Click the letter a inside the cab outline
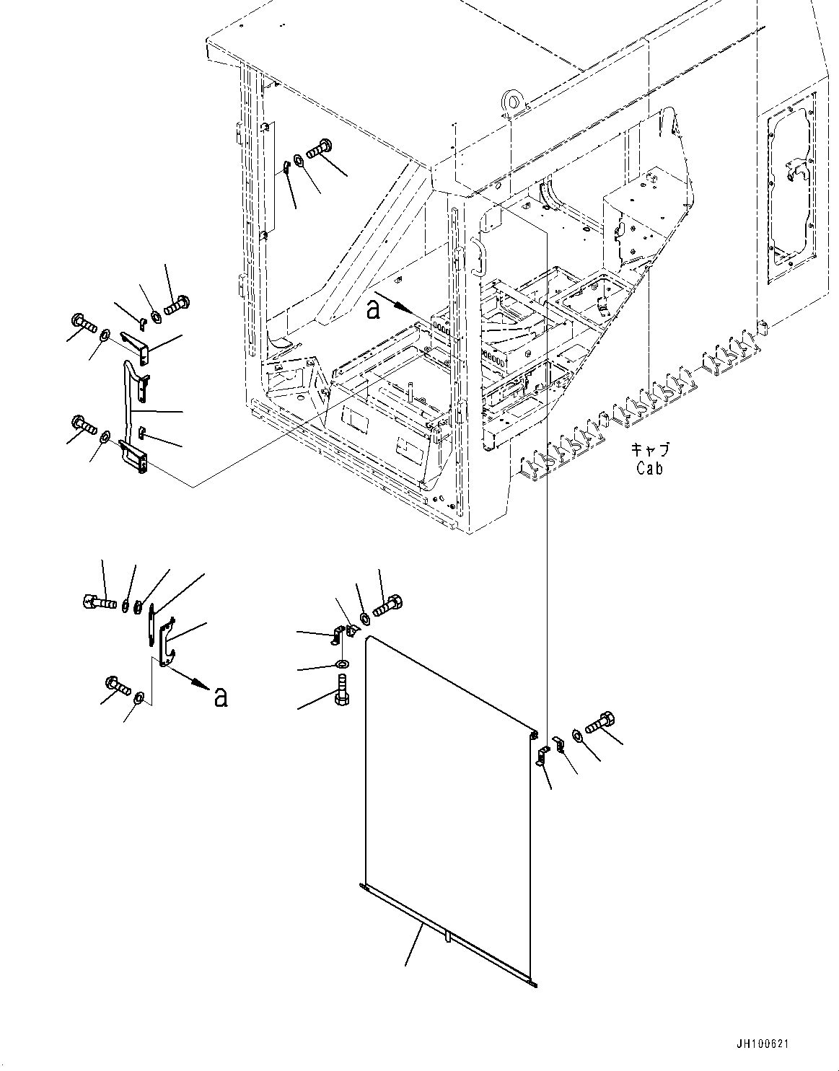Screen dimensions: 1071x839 point(373,309)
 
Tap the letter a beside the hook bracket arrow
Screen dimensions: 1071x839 point(221,697)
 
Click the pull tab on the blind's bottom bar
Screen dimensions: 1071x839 point(447,937)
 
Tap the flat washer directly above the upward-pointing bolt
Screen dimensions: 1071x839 point(341,664)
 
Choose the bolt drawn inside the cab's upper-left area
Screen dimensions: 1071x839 point(317,150)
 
